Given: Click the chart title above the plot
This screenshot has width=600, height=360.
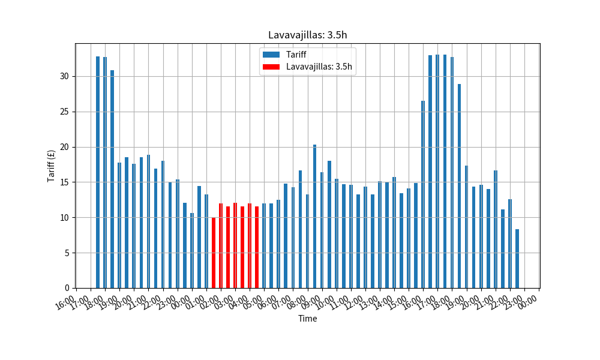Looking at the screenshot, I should pyautogui.click(x=307, y=35).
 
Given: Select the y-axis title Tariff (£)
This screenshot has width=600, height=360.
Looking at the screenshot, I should pyautogui.click(x=52, y=166).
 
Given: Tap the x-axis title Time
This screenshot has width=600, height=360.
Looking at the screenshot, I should pyautogui.click(x=307, y=319).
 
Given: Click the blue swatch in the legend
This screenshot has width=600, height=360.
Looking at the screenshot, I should pyautogui.click(x=271, y=55).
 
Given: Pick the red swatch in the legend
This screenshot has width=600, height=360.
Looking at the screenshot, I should pyautogui.click(x=271, y=67).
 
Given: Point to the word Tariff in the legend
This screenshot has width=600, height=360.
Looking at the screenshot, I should pyautogui.click(x=297, y=55).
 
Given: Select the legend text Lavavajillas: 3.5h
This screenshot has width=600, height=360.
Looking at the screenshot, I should pyautogui.click(x=319, y=67).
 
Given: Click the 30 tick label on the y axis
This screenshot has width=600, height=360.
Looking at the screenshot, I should pyautogui.click(x=65, y=76).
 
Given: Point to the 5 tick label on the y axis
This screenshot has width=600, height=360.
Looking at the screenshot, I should pyautogui.click(x=67, y=253).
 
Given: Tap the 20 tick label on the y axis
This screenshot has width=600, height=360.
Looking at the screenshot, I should pyautogui.click(x=65, y=147).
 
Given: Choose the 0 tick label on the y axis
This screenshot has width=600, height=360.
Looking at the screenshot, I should pyautogui.click(x=67, y=288).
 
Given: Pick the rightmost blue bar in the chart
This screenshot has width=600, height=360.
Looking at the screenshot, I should pyautogui.click(x=517, y=259).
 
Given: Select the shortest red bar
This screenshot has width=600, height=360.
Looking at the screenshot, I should pyautogui.click(x=214, y=253).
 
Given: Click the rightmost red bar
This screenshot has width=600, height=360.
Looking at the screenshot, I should pyautogui.click(x=257, y=247).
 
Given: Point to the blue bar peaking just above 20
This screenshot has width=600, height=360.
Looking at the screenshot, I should pyautogui.click(x=314, y=216).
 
